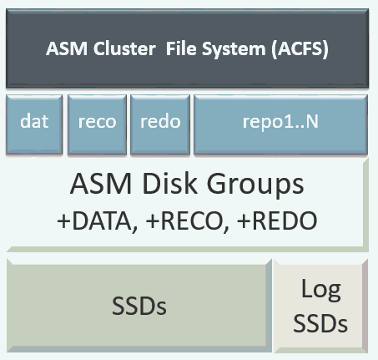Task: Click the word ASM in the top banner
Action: pyautogui.click(x=64, y=48)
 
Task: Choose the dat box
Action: pyautogui.click(x=33, y=122)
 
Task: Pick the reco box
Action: pyautogui.click(x=96, y=122)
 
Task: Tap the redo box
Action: pyautogui.click(x=159, y=122)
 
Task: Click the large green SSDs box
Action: pyautogui.click(x=139, y=307)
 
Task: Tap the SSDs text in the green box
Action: pyautogui.click(x=139, y=307)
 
